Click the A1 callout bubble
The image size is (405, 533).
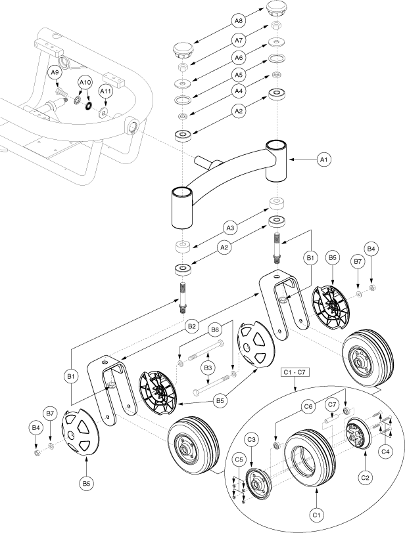(324, 159)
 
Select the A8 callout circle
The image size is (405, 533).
(239, 21)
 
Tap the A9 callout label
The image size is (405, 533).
(55, 72)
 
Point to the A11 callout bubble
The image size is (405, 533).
(105, 91)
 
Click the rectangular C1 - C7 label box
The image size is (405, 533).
(295, 372)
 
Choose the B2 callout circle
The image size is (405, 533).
(192, 327)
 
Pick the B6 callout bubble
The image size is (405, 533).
(215, 330)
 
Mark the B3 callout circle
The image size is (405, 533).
(208, 368)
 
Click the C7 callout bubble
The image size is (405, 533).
(332, 404)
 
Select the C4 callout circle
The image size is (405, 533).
(385, 452)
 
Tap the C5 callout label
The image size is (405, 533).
(239, 460)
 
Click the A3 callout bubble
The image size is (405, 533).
(230, 227)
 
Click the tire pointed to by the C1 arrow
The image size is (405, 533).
(310, 458)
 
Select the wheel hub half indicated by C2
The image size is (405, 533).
(358, 433)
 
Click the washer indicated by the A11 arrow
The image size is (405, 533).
(103, 112)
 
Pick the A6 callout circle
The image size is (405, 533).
(239, 58)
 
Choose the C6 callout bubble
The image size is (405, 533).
(308, 406)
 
